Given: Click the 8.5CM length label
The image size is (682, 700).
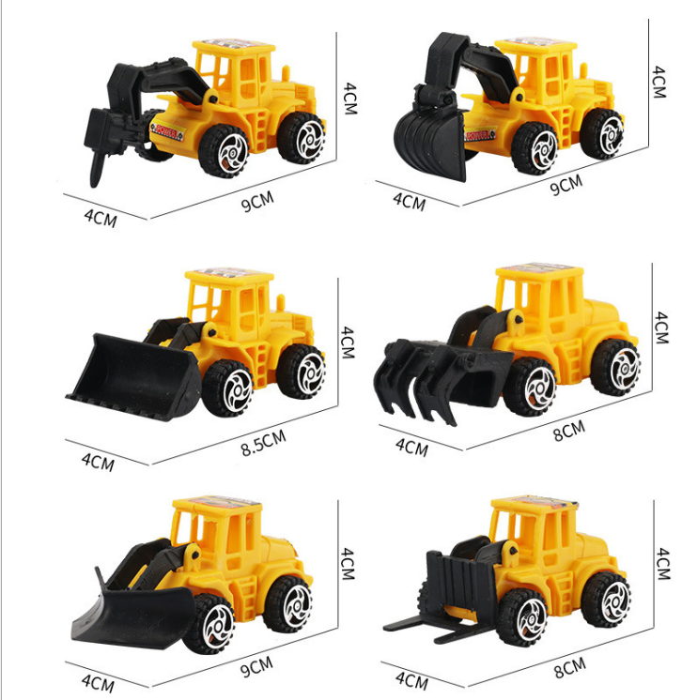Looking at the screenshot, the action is (264, 443).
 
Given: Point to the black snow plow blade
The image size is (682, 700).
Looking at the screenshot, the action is (134, 616).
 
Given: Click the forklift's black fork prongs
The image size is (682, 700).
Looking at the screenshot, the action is (429, 627).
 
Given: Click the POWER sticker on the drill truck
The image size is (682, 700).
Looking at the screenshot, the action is (167, 129).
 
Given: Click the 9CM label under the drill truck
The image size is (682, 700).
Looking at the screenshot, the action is (257, 202).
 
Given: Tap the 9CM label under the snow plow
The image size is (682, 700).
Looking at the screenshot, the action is (256, 666).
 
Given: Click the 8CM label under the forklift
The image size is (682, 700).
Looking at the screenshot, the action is (570, 668).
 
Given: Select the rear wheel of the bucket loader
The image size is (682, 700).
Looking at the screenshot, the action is (302, 372).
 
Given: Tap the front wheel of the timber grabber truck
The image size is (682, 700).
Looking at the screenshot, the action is (533, 387).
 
